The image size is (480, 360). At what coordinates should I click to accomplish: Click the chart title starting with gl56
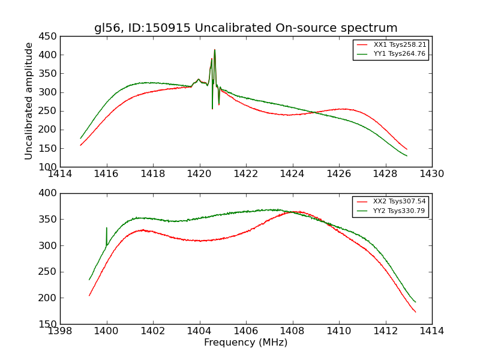[245, 28]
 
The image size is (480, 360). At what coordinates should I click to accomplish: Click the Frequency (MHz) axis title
[245, 343]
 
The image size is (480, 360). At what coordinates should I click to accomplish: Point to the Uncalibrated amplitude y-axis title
[29, 101]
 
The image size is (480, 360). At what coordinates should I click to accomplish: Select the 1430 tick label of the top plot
[431, 174]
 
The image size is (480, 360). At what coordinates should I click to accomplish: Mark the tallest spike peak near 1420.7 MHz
[214, 50]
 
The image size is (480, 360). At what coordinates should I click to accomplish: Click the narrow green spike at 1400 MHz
[107, 228]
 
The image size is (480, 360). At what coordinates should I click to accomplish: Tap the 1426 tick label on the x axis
[338, 174]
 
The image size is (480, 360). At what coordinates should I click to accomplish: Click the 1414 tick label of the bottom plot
[431, 331]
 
